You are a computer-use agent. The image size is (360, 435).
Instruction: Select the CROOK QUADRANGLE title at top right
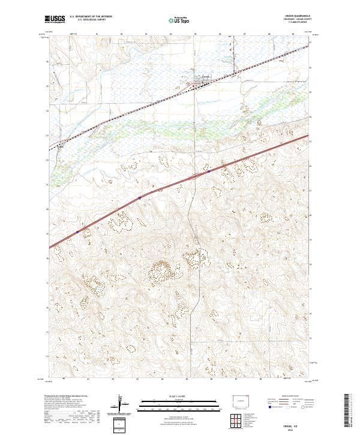(298, 17)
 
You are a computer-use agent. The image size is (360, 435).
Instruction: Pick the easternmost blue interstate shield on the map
(209, 170)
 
